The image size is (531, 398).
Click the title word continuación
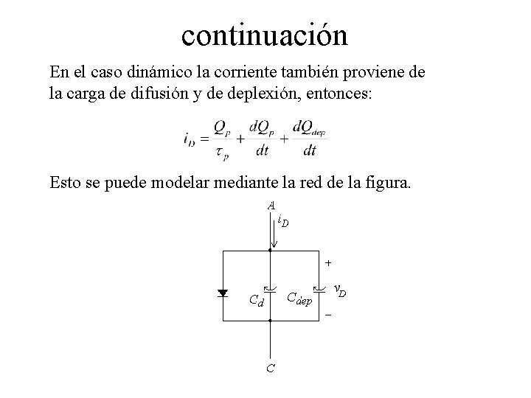coord(265,34)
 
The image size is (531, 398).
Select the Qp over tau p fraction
coord(222,138)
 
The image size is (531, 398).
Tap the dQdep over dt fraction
coord(309,138)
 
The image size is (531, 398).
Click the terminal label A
coord(271,205)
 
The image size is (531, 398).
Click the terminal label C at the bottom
coord(271,368)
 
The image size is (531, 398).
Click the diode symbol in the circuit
coord(223,293)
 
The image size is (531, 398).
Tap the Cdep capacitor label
coord(299,298)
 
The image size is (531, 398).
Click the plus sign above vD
coord(328,262)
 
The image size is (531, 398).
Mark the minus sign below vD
coord(328,317)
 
